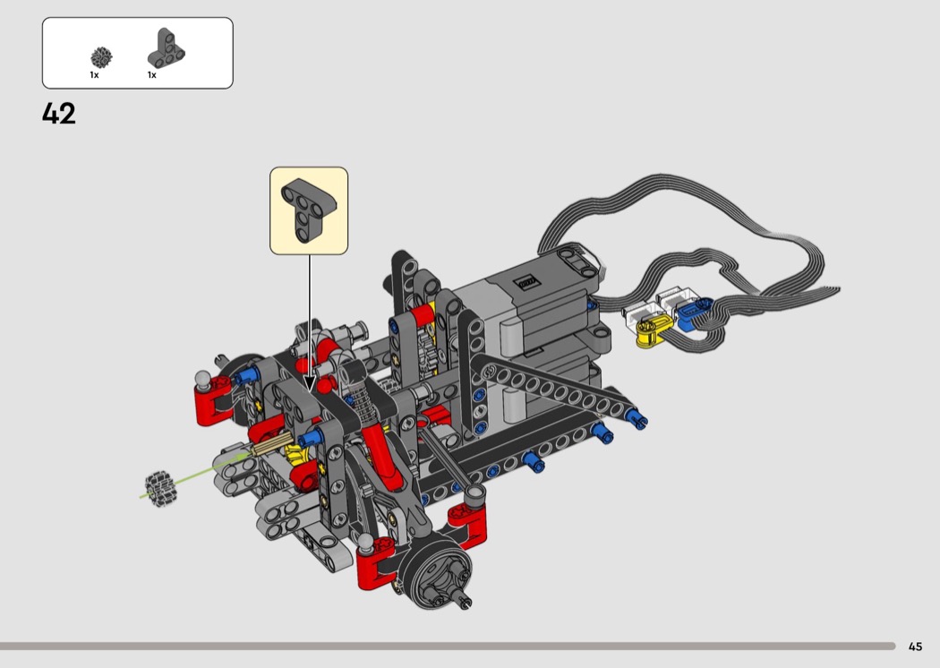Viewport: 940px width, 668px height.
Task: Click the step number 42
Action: pos(59,114)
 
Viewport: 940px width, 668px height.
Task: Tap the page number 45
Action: pos(915,647)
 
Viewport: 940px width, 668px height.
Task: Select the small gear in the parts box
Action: pos(101,57)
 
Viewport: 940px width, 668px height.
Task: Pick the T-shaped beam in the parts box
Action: pos(166,48)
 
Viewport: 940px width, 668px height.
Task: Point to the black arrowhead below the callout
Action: pos(310,383)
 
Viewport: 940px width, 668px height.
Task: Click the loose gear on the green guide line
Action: pos(160,488)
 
